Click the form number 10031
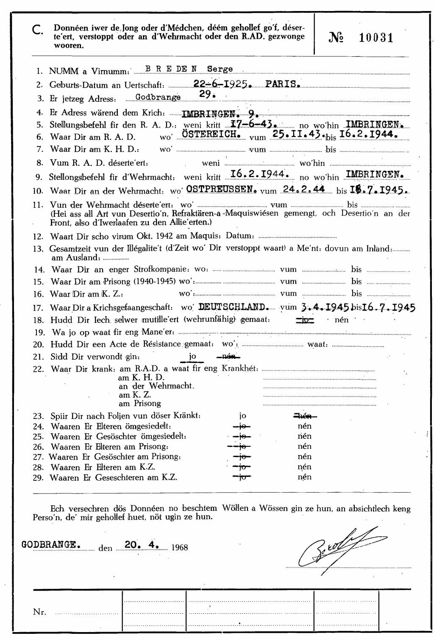pos(376,38)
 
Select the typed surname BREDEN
pos(171,69)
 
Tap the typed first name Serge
pos(220,69)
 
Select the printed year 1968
pos(180,547)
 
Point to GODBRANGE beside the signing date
pos(51,544)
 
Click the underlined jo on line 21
pos(192,356)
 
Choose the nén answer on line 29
pos(304,477)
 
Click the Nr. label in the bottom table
pos(39,612)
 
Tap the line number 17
pos(39,307)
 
